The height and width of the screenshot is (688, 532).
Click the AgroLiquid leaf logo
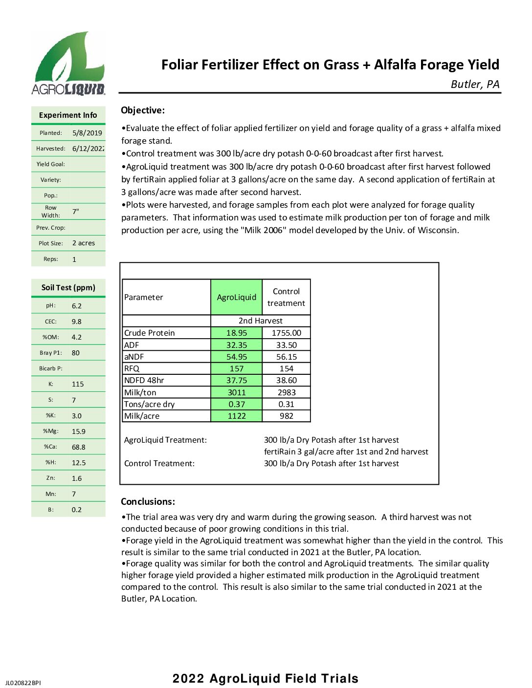tap(68, 63)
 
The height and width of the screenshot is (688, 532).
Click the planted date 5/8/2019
tap(87, 133)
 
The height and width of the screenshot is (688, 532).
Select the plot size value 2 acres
tap(84, 243)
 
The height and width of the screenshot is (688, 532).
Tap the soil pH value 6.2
tap(77, 306)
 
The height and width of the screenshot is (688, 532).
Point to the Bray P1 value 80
tap(76, 353)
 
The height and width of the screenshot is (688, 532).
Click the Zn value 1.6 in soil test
tap(77, 478)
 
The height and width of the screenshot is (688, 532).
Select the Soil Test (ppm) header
tap(68, 288)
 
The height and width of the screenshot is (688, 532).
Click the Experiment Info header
tap(68, 115)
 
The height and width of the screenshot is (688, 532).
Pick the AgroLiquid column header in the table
tap(237, 297)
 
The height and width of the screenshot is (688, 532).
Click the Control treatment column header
tap(287, 297)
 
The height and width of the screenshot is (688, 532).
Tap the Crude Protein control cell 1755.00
tap(287, 333)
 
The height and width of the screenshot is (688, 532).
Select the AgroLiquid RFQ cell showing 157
tap(237, 369)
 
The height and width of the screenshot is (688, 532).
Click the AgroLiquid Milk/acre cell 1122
tap(237, 416)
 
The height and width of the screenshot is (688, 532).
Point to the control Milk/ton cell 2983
tap(287, 392)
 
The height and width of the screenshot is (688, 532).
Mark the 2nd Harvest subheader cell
tap(261, 321)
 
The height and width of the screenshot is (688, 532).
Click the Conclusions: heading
tap(148, 502)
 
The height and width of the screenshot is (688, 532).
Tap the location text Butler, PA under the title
tap(475, 85)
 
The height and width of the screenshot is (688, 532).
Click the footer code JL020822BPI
tap(23, 683)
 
